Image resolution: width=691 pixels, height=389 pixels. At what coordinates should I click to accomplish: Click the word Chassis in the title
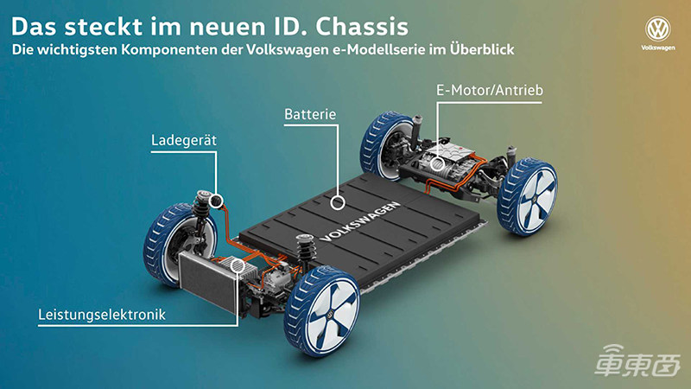[361, 27]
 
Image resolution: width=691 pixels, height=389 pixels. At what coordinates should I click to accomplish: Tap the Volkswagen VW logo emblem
[657, 29]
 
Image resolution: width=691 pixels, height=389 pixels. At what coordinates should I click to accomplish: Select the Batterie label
[310, 114]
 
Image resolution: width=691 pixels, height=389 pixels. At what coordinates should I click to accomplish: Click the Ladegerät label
[184, 140]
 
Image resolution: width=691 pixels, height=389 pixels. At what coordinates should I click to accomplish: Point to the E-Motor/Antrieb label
[490, 90]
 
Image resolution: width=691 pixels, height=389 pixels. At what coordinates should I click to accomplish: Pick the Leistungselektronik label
[102, 315]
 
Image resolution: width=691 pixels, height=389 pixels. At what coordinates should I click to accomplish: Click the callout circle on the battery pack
[338, 202]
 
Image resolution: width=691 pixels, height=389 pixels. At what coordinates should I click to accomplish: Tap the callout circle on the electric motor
[437, 164]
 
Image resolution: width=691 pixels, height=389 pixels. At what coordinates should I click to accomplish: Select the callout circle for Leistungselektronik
[238, 265]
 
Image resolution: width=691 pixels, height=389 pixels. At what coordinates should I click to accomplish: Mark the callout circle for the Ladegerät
[216, 201]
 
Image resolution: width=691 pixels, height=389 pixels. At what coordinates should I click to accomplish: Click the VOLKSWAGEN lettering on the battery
[361, 222]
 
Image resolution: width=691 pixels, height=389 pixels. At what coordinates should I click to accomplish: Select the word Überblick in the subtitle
[482, 49]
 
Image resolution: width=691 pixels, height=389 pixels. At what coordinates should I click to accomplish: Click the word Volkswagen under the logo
[658, 48]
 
